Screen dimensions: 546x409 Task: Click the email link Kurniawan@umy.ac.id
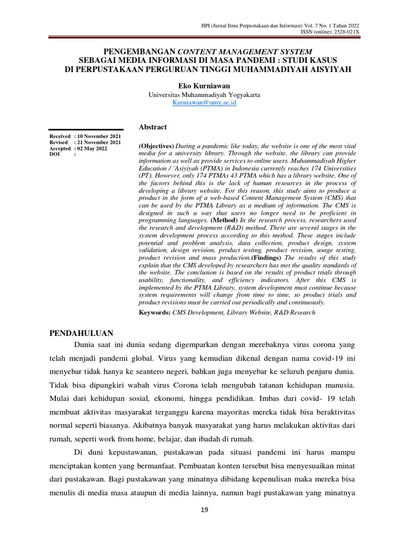click(204, 102)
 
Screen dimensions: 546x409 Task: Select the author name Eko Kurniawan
click(204, 85)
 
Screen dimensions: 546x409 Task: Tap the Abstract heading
click(153, 127)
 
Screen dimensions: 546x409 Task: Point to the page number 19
click(204, 510)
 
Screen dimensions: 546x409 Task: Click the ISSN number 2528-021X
click(346, 31)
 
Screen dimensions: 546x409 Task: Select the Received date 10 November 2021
click(99, 136)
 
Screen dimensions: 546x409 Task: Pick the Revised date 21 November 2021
click(99, 142)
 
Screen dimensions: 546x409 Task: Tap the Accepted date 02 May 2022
click(95, 149)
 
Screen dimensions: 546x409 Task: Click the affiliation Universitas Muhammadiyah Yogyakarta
click(204, 94)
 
